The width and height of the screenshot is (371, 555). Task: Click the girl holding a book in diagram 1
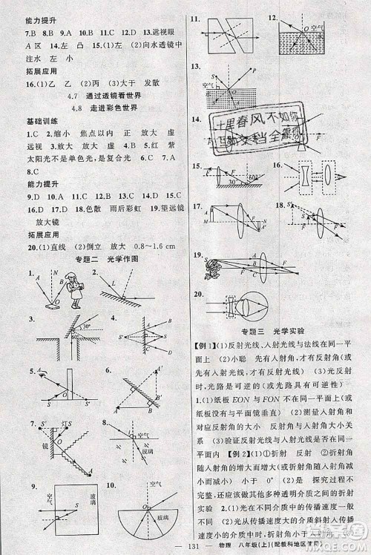pos(75,289)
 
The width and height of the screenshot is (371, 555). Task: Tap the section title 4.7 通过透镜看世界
pos(103,96)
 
